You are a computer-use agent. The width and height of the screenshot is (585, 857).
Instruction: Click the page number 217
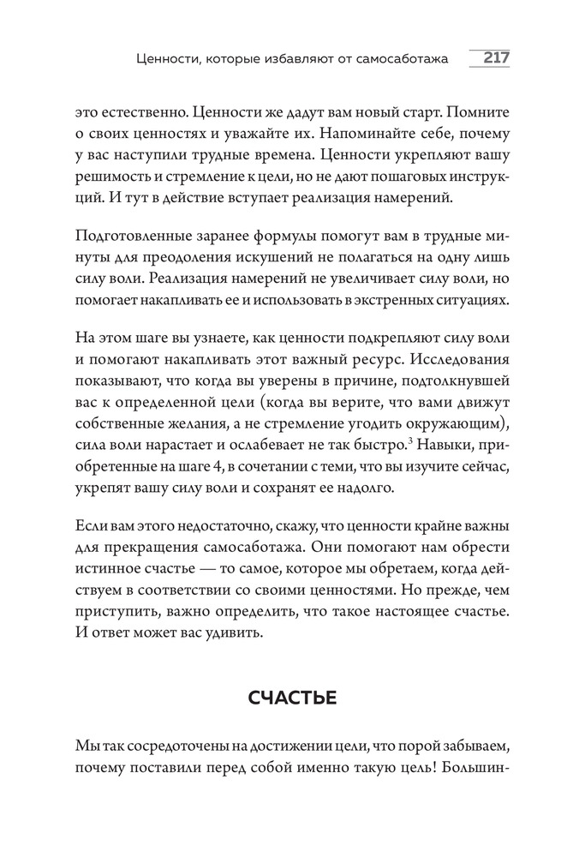[496, 58]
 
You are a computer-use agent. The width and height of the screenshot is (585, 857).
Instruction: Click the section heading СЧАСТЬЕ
[292, 698]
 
